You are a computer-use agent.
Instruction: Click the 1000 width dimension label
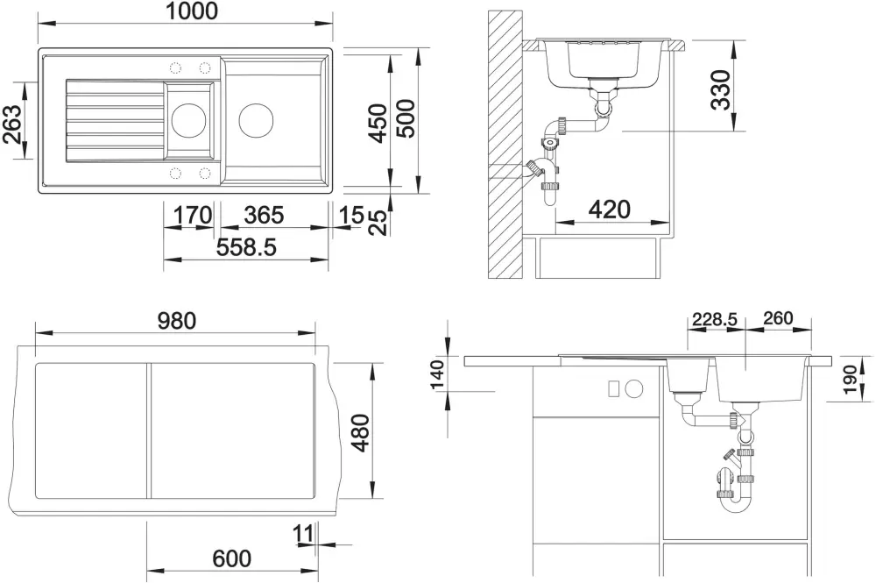pyautogui.click(x=192, y=11)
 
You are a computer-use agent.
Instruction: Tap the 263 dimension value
pyautogui.click(x=11, y=124)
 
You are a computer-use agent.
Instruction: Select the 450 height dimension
pyautogui.click(x=378, y=123)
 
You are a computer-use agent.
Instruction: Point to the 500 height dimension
pyautogui.click(x=406, y=118)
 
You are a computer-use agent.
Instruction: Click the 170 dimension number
pyautogui.click(x=193, y=215)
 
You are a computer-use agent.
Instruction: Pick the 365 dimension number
pyautogui.click(x=265, y=215)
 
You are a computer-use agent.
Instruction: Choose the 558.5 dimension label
pyautogui.click(x=246, y=246)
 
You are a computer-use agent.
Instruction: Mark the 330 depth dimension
pyautogui.click(x=721, y=89)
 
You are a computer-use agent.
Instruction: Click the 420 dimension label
pyautogui.click(x=610, y=210)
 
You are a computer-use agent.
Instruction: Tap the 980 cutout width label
pyautogui.click(x=177, y=321)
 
